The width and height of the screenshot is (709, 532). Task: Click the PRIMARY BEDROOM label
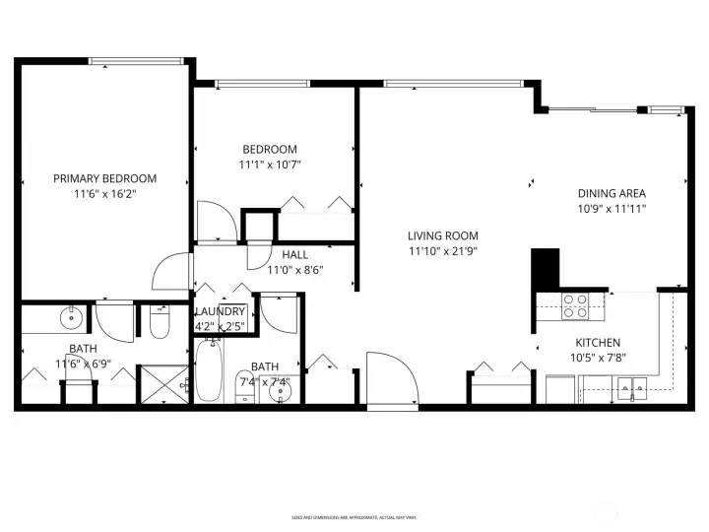coord(104,178)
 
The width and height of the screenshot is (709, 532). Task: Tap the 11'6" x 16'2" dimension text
coord(104,195)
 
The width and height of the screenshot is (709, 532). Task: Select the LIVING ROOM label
coord(443,235)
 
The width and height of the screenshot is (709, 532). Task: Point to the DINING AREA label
coord(612,193)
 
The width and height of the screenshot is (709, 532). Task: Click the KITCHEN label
coord(598,343)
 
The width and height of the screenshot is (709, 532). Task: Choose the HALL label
coord(295,254)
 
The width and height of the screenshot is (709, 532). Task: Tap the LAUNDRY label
coord(220,311)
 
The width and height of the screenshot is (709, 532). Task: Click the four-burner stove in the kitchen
coord(574,306)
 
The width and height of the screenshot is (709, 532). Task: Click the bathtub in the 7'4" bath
coord(208,371)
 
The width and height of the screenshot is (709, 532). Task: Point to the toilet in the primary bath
coord(161,321)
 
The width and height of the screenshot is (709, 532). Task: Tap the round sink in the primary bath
coord(72,318)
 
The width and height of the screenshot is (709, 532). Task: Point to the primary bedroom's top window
coord(136,61)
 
